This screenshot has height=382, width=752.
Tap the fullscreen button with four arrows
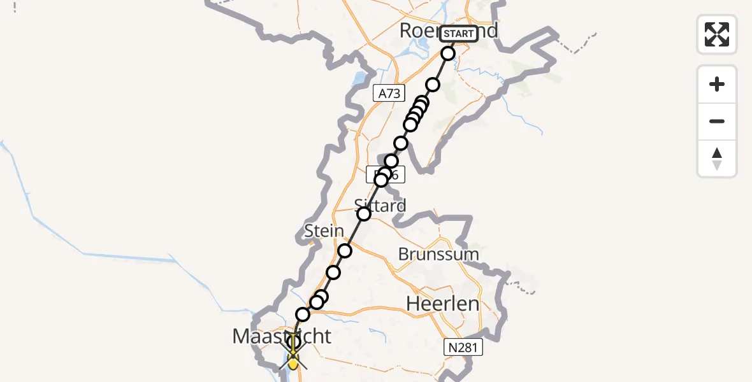[x=717, y=34]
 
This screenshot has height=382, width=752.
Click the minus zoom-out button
[x=717, y=122]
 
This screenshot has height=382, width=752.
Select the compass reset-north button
[x=717, y=159]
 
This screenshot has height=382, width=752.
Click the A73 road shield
[x=389, y=94]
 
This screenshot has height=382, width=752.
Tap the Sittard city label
[x=380, y=205]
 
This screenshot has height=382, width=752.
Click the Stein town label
[x=324, y=230]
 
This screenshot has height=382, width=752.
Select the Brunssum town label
[x=438, y=254]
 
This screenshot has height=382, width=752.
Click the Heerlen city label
[x=442, y=304]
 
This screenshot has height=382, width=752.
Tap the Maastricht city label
[x=282, y=336]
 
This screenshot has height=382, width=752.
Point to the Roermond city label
[x=421, y=31]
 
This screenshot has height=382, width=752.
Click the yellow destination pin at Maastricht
[x=293, y=362]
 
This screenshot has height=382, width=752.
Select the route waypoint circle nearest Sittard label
[x=364, y=214]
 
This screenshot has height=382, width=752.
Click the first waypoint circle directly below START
[x=448, y=53]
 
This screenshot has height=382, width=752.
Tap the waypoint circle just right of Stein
[x=345, y=251]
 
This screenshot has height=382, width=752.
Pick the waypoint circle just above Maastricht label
[x=303, y=315]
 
